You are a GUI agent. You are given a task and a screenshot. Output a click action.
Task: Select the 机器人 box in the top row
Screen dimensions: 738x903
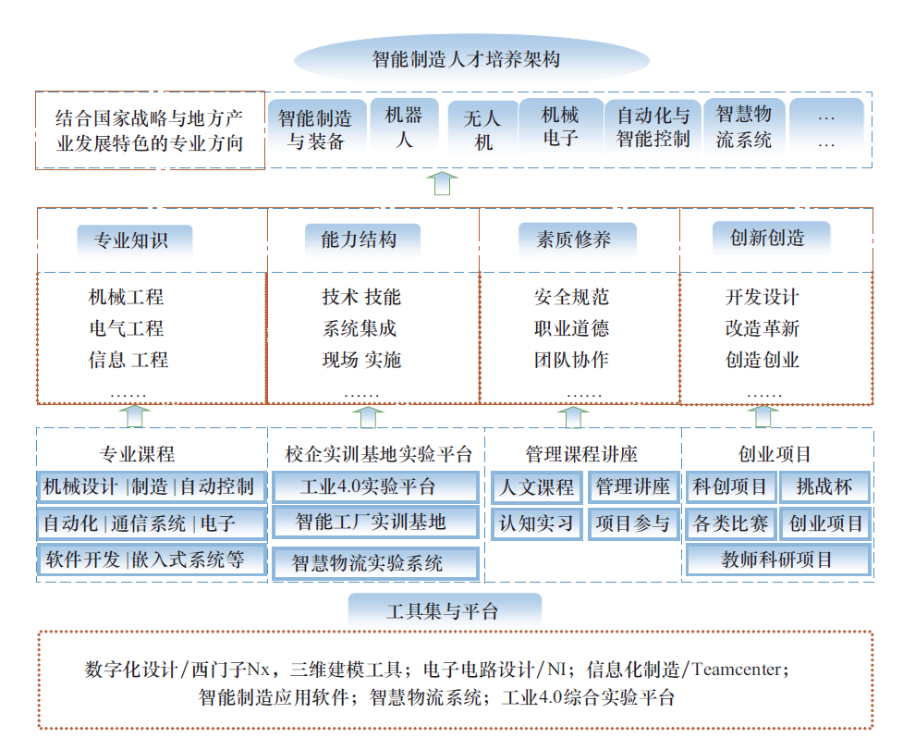click(403, 128)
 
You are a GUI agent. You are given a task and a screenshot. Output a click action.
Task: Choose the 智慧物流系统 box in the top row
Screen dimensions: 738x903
click(743, 128)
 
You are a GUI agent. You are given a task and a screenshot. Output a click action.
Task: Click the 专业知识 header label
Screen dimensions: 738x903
click(131, 240)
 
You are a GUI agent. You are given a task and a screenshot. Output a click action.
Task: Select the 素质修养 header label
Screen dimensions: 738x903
click(574, 240)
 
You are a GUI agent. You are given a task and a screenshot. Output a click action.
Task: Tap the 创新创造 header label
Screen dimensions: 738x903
click(767, 238)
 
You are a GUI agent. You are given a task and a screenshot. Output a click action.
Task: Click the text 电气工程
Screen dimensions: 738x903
click(127, 328)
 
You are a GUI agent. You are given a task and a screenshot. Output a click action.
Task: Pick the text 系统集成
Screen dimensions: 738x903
click(360, 328)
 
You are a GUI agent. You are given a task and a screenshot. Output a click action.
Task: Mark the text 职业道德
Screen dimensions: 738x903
click(571, 328)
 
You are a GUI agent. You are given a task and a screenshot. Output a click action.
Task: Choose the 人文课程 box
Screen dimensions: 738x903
click(537, 487)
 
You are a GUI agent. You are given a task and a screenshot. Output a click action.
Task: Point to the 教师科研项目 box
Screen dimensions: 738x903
click(777, 560)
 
